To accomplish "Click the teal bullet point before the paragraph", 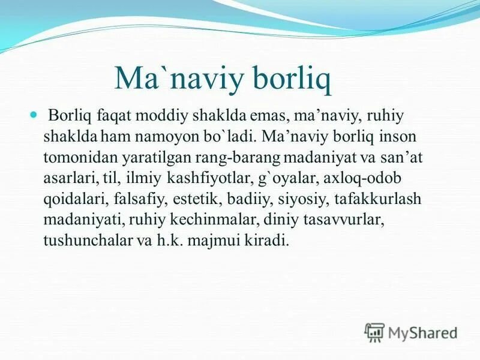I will tap(34, 113).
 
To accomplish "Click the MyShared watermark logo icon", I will tap(374, 332).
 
